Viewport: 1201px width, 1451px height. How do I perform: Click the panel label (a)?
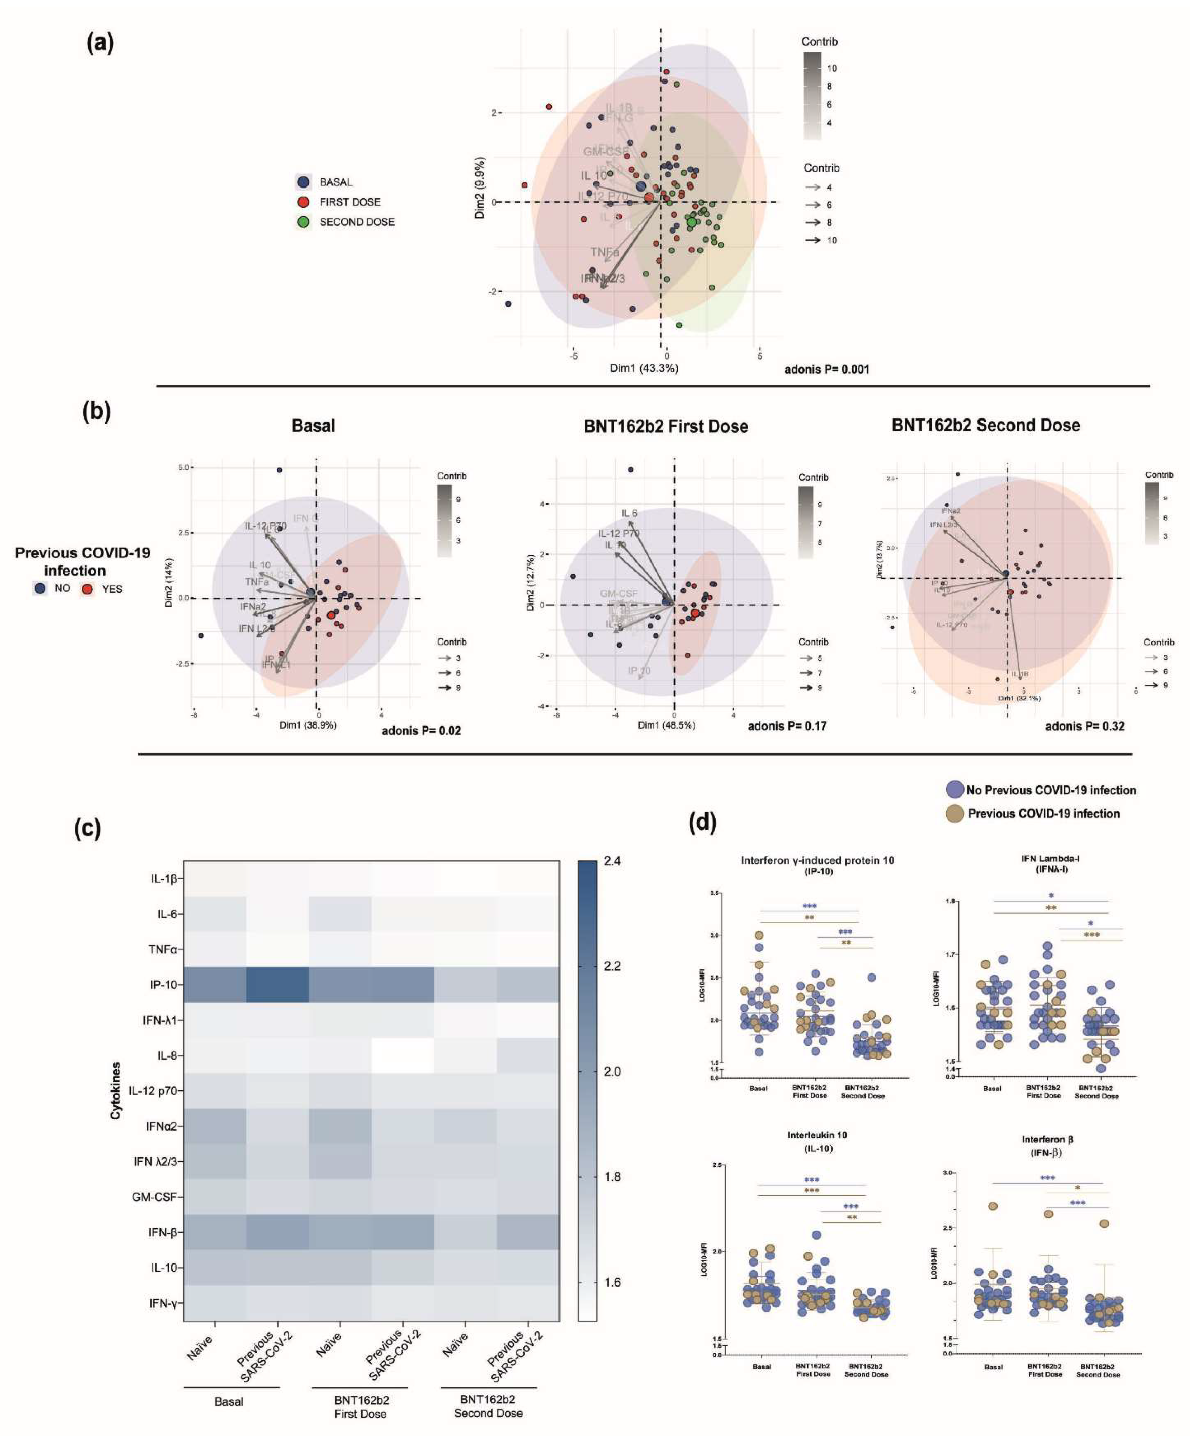coord(100,43)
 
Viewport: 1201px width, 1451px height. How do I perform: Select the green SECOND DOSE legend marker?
coord(303,222)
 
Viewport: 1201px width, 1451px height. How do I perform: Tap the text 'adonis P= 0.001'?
coord(826,369)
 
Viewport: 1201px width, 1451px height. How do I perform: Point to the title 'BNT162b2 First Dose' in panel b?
coord(665,426)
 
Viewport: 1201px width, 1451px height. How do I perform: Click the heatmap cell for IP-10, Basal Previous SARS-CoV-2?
coord(277,985)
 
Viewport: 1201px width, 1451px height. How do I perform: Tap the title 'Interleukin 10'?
coord(817,1135)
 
